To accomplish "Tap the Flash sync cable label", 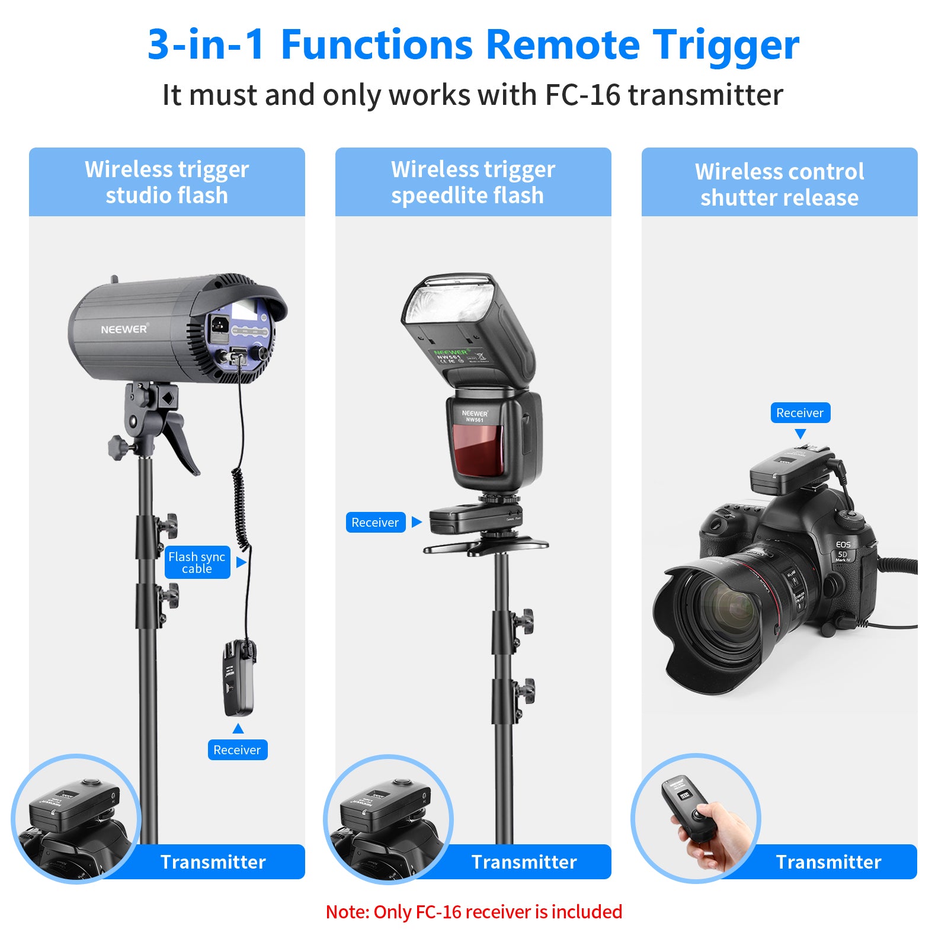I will [197, 562].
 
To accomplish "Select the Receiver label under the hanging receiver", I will [237, 750].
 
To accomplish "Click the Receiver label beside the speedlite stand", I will [375, 523].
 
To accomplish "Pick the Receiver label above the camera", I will [800, 413].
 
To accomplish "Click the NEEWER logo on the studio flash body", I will [124, 329].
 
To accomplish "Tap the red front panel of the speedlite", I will [478, 449].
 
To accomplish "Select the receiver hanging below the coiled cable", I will [238, 678].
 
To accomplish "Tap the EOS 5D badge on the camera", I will [843, 550].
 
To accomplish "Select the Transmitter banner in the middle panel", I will [524, 861].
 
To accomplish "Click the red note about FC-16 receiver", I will [474, 912].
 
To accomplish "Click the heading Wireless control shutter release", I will [779, 184].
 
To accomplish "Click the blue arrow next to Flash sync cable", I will [241, 562].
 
